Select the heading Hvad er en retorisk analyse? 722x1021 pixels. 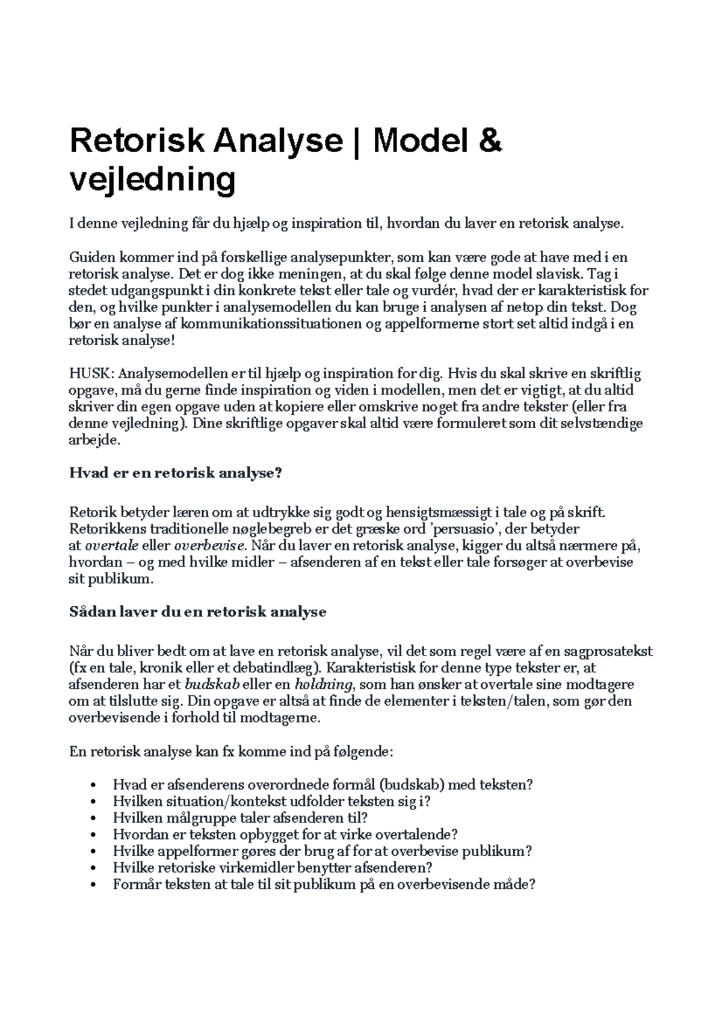point(176,473)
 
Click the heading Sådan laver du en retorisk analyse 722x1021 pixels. point(198,613)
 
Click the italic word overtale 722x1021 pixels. point(111,547)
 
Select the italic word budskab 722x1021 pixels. point(212,684)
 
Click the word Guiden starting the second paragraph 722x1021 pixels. point(92,258)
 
